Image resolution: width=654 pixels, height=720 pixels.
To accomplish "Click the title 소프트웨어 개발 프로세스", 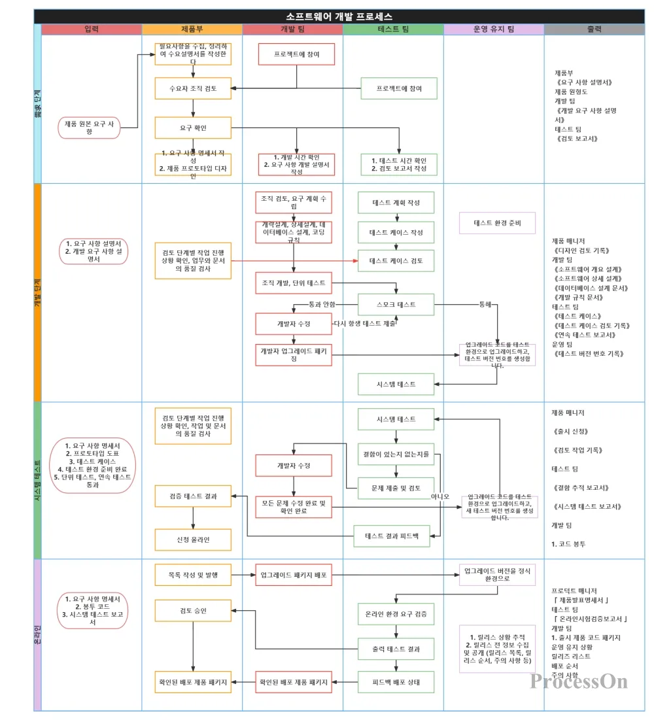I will tap(339, 16).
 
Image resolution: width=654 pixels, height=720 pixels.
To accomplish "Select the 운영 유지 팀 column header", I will tap(494, 29).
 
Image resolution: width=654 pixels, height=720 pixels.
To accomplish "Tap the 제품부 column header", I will tap(192, 29).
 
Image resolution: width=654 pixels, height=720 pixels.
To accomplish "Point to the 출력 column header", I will tap(594, 29).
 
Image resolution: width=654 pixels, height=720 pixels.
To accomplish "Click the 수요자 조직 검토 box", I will tap(193, 88).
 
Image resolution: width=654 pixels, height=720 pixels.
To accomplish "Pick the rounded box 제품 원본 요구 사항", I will tap(90, 128).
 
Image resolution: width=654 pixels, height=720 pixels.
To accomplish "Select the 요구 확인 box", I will tap(193, 128).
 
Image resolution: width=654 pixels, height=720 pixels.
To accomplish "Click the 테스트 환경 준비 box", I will tap(497, 223).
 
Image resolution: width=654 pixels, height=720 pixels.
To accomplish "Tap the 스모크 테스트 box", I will tap(396, 305).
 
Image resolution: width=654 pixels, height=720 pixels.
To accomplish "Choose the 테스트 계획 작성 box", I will tap(396, 203).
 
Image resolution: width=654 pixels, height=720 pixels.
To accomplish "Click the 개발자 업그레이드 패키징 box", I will tap(294, 354).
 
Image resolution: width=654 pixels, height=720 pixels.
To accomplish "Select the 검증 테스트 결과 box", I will tap(193, 496).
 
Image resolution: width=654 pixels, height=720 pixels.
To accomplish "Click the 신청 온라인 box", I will tap(193, 539).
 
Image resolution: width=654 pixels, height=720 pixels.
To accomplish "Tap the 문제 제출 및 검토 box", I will tap(396, 488).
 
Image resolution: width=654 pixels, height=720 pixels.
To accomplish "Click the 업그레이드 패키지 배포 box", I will tap(294, 575).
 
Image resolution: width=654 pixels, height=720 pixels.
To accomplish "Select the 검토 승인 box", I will tap(193, 611).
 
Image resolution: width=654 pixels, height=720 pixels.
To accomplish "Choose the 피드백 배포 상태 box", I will tap(396, 682).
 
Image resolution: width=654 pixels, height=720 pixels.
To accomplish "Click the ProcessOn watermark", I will tap(579, 681).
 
